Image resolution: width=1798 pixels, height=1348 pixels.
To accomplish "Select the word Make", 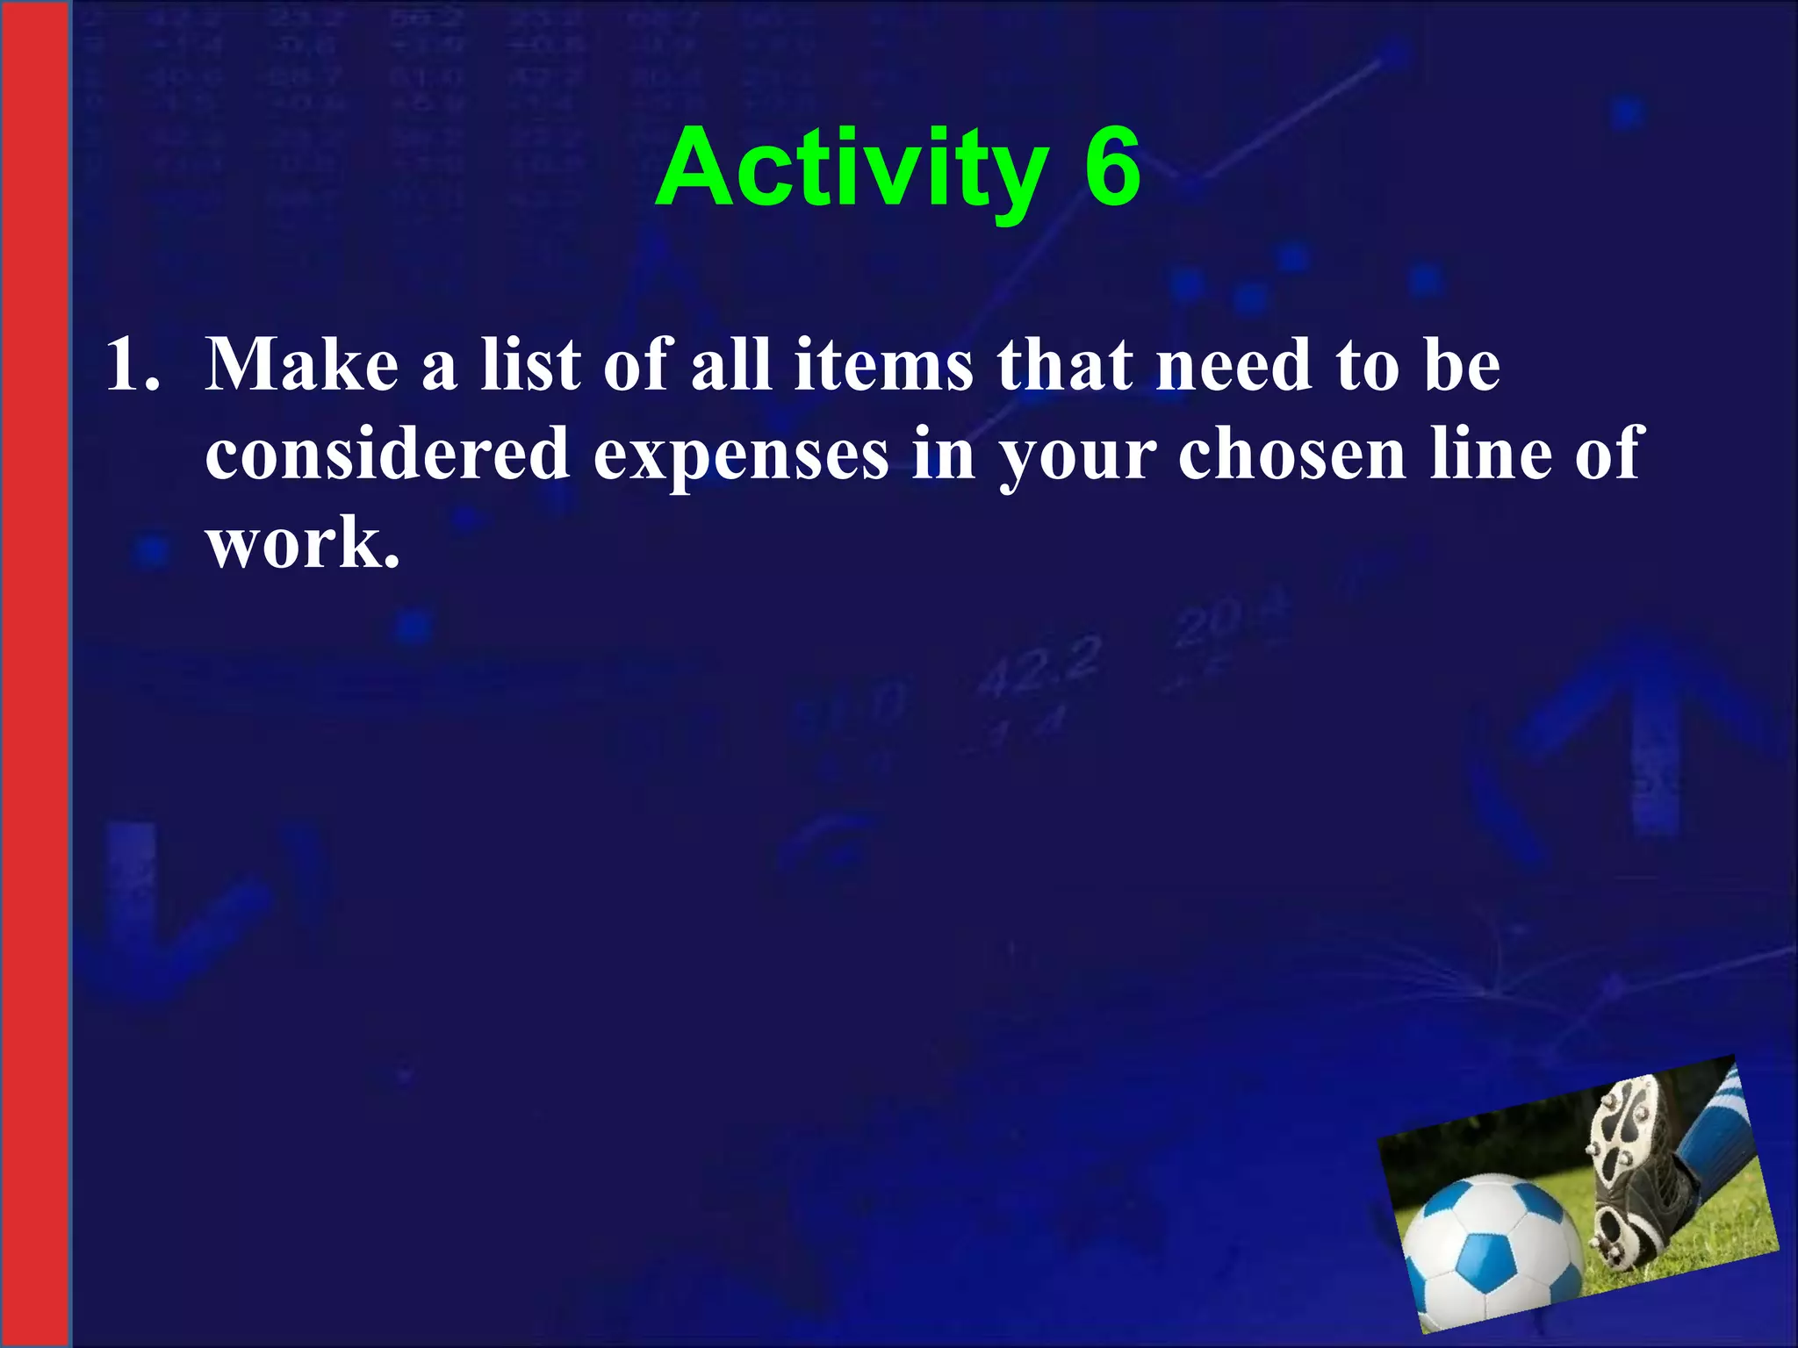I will [302, 364].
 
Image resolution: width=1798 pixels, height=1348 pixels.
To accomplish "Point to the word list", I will [530, 364].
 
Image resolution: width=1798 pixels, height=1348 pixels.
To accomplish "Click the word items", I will [883, 364].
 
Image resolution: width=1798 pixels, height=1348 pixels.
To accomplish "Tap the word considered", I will [386, 454].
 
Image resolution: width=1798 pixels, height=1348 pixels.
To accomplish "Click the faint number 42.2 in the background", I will [1039, 665].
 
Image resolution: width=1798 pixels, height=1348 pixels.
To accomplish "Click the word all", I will [731, 364].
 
